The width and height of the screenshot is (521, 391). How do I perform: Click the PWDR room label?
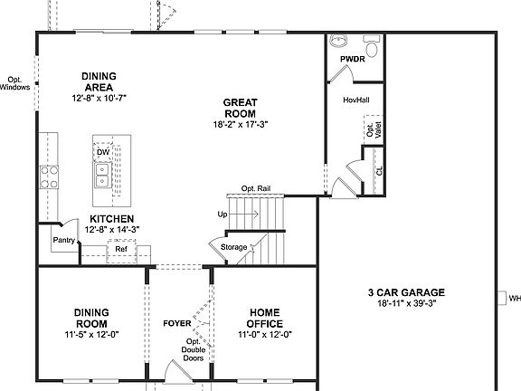(x=351, y=59)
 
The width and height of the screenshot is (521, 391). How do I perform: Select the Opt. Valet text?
(x=371, y=130)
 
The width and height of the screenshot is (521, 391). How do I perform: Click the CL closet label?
(x=380, y=169)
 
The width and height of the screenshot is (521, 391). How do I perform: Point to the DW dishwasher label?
(x=103, y=152)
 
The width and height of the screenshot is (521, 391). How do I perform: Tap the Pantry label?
(x=63, y=241)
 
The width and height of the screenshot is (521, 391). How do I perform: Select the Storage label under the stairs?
(x=233, y=246)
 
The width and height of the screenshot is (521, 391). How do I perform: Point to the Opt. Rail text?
(x=256, y=188)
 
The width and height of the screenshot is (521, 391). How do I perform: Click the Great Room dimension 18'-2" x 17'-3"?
(x=241, y=124)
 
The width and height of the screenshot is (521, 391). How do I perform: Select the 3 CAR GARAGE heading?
(x=405, y=292)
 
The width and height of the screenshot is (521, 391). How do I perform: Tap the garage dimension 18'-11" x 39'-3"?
(x=405, y=304)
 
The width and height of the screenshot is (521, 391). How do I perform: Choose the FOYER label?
(x=175, y=323)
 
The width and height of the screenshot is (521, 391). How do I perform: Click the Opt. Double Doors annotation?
(x=192, y=350)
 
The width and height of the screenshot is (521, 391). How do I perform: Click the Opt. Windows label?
(x=14, y=83)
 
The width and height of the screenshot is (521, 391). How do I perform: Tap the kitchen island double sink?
(x=102, y=175)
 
